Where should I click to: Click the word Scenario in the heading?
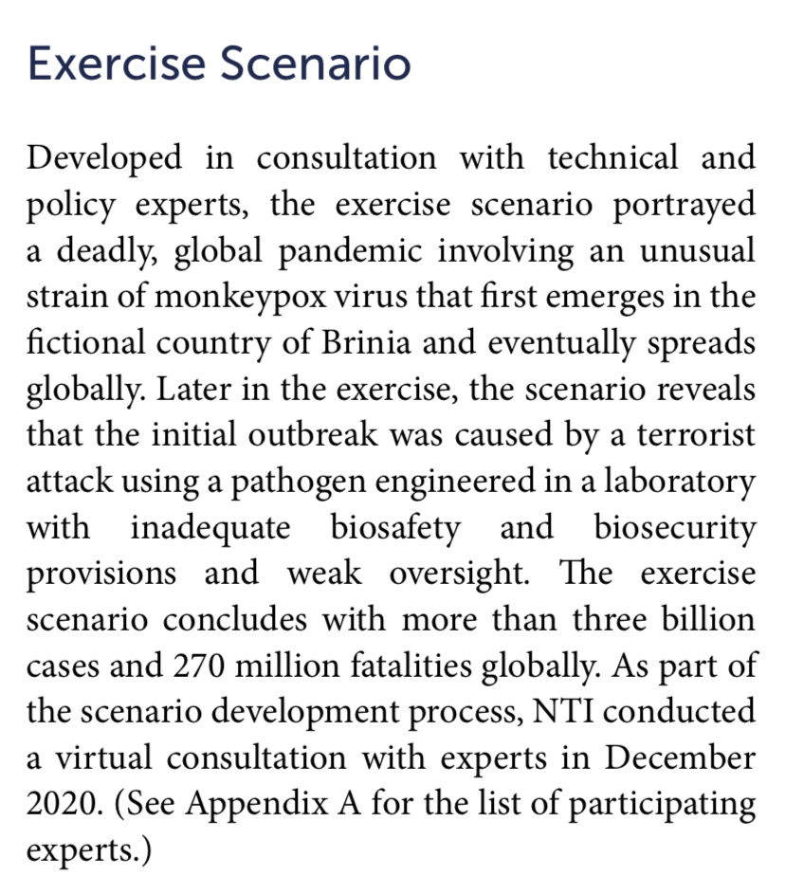point(316,64)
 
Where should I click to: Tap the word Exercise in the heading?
point(116,64)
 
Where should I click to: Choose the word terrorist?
point(696,435)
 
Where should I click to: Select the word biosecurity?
point(675,527)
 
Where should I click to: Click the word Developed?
point(103,158)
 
